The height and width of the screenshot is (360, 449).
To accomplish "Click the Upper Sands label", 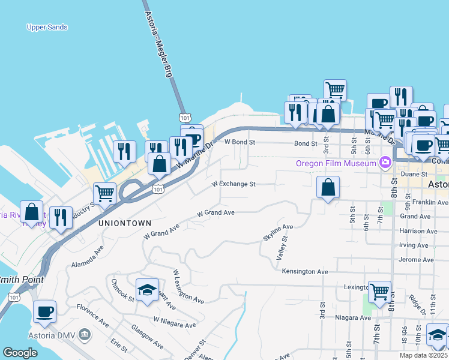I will (x=47, y=27).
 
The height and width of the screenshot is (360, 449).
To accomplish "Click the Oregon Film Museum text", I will (x=336, y=163).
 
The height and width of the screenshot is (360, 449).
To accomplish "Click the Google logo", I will (x=20, y=353).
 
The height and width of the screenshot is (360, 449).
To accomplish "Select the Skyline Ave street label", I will (x=278, y=233).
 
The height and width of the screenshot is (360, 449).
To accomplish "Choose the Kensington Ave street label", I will (x=306, y=271).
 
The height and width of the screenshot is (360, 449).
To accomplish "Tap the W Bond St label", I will (x=240, y=143).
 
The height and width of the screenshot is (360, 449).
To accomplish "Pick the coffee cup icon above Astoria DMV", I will (x=45, y=311).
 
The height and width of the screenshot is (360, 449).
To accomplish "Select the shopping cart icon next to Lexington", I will (x=379, y=292).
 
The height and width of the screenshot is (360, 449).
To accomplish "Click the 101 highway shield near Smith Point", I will (x=14, y=297).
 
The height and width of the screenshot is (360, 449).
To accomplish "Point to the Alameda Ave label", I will (x=88, y=255).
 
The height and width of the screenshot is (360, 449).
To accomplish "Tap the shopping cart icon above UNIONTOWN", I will (x=104, y=194).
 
